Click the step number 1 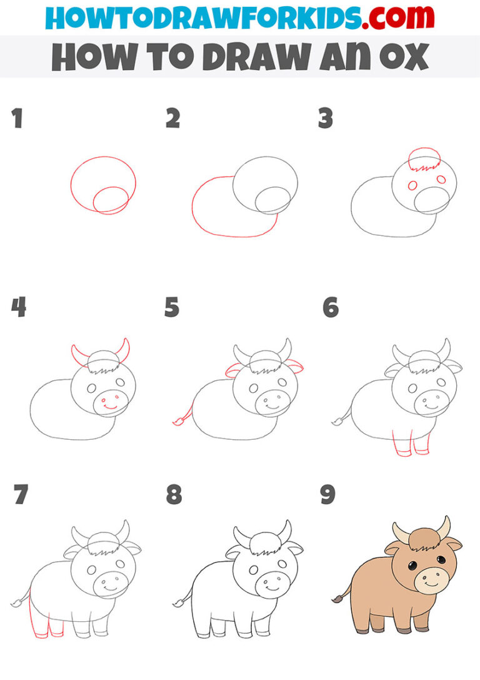tap(17, 119)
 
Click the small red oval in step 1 tap(111, 200)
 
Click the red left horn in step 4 tap(79, 355)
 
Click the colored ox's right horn tap(444, 528)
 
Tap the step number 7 tap(21, 495)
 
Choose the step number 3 tap(326, 119)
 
